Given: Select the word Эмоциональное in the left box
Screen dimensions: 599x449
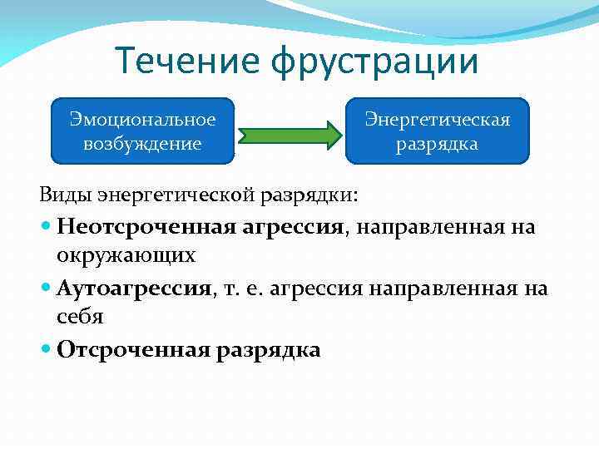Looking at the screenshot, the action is (142, 120).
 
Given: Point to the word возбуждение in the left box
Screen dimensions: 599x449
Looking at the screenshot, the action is (142, 143).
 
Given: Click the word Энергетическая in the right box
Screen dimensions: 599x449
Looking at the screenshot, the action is (438, 120).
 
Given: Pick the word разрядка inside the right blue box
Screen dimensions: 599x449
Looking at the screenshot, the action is (438, 144).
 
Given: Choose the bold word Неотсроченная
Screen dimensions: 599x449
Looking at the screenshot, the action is (146, 226).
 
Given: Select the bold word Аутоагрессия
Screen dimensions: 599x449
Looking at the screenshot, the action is (133, 289).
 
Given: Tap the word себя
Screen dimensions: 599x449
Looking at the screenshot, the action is (81, 316).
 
